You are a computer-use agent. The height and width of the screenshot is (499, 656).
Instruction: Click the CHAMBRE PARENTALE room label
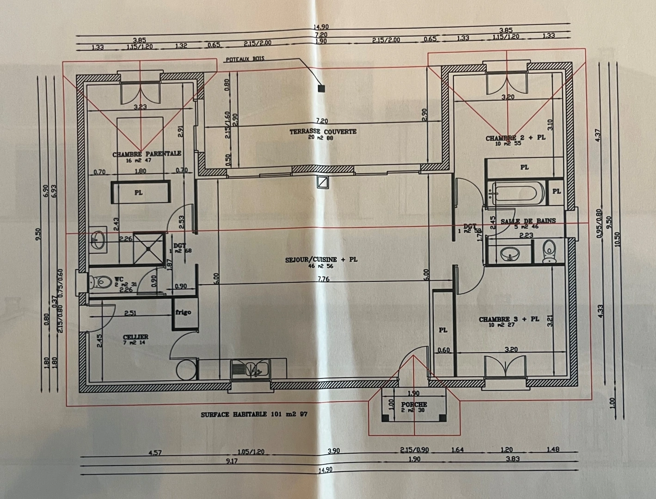pyautogui.click(x=147, y=153)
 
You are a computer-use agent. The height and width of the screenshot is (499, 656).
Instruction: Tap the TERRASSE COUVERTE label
pyautogui.click(x=323, y=132)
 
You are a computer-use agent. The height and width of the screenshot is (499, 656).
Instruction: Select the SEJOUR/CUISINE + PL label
pyautogui.click(x=321, y=260)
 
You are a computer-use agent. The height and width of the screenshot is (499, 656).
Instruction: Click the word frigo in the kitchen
pyautogui.click(x=183, y=312)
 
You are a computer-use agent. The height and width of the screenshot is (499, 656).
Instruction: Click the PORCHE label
pyautogui.click(x=414, y=405)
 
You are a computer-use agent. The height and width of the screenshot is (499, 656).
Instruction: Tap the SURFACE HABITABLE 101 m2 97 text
pyautogui.click(x=254, y=414)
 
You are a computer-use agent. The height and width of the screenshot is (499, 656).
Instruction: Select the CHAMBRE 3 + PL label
pyautogui.click(x=509, y=319)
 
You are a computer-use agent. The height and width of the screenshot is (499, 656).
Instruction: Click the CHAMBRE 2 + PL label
pyautogui.click(x=515, y=138)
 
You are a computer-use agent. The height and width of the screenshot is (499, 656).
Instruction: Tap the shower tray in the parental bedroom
pyautogui.click(x=148, y=249)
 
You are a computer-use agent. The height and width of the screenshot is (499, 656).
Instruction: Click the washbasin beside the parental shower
pyautogui.click(x=98, y=239)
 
